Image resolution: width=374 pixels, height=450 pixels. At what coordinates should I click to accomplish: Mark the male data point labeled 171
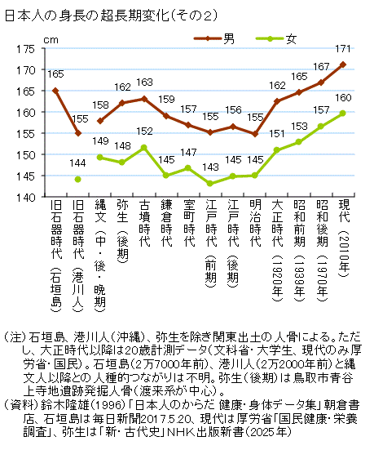click(342, 65)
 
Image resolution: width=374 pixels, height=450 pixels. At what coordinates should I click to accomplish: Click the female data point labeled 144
click(77, 180)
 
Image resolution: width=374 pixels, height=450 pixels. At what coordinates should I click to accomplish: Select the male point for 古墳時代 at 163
click(144, 99)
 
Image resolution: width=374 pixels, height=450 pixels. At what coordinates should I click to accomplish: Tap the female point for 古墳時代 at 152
click(144, 147)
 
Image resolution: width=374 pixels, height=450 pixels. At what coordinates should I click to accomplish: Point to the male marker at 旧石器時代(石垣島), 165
click(55, 91)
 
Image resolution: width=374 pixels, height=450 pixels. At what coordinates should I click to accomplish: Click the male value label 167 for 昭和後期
click(320, 67)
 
